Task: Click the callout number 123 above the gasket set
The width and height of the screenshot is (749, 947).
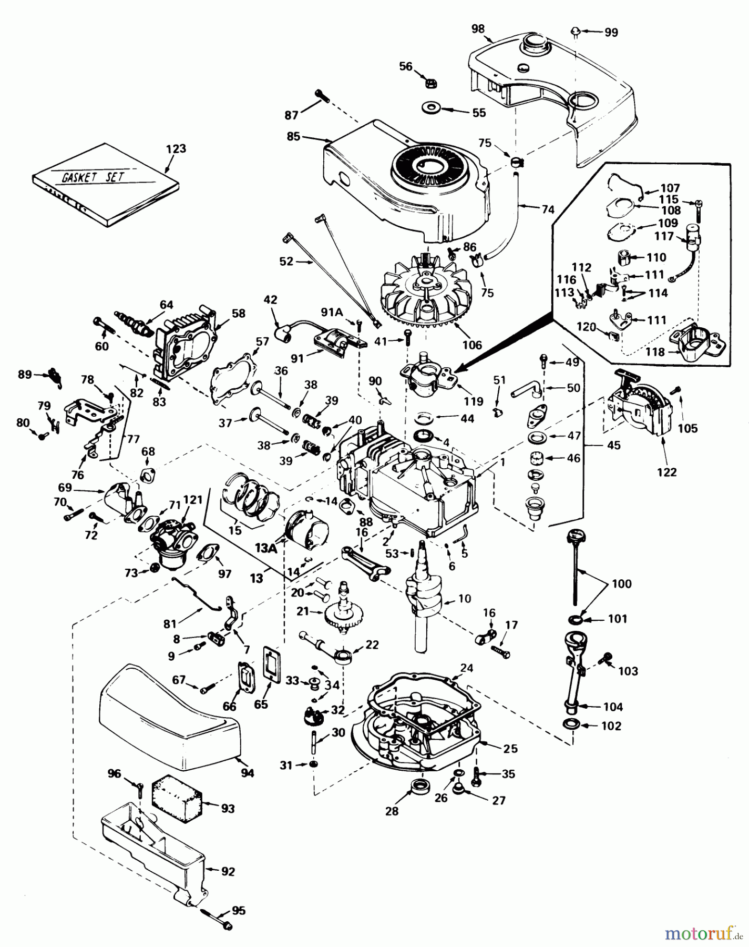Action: (176, 149)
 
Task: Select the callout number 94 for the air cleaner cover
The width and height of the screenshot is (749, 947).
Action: (247, 773)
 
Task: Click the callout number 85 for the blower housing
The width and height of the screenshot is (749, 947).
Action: (293, 136)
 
